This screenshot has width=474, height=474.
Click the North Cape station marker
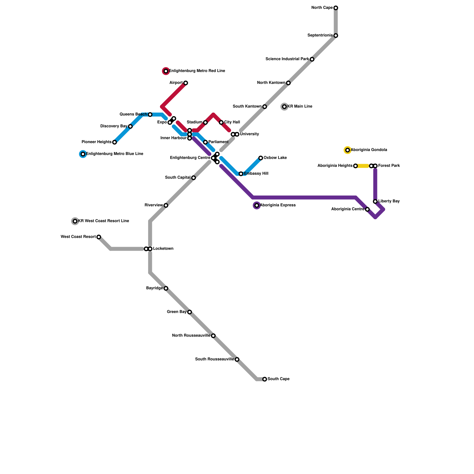pos(336,8)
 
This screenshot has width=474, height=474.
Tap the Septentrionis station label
pos(320,36)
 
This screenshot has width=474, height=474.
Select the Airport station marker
pos(185,83)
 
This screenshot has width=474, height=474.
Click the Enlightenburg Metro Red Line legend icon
pos(166,71)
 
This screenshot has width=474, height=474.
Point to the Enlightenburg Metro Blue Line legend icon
pos(83,154)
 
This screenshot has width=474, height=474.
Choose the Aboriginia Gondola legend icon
pos(348,150)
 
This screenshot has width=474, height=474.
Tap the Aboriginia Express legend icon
pos(257,205)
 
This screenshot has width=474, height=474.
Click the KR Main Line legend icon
pos(284,107)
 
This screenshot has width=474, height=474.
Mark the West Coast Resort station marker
pos(99,237)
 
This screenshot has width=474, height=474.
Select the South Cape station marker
pos(265,379)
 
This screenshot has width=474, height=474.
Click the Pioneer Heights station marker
pos(114,142)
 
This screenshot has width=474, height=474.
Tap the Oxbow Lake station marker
pos(261,158)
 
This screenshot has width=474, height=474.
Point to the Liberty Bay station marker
pos(375,201)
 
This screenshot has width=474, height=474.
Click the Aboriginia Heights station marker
pos(355,166)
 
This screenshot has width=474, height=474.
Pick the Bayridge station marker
pos(166,288)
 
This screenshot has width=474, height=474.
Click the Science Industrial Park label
pos(287,59)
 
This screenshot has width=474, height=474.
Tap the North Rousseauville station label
pos(191,336)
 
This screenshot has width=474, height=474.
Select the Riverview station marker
pos(166,205)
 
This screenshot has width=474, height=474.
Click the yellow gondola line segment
pos(363,166)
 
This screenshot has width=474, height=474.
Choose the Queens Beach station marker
pos(150,115)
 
